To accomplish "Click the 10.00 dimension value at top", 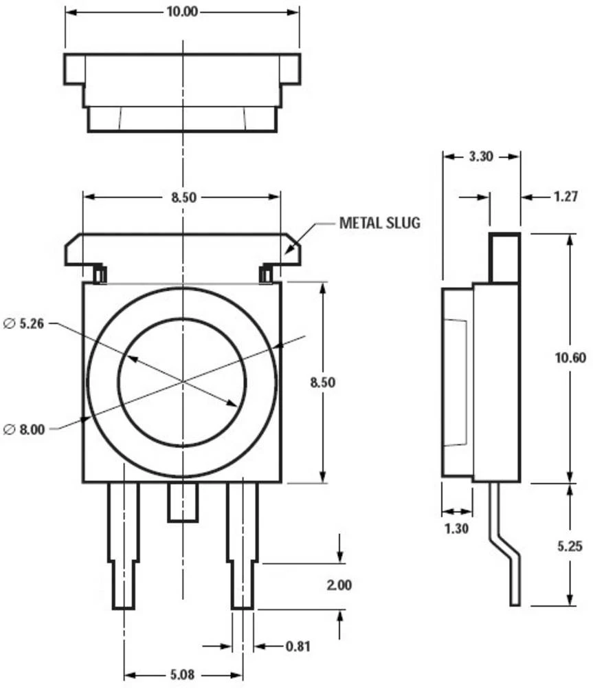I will [x=181, y=12].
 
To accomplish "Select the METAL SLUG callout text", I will [x=379, y=223].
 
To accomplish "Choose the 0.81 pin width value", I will [x=298, y=646].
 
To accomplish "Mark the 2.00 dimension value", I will [x=340, y=585].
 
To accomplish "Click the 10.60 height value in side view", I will [x=568, y=356].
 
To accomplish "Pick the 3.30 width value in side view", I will [x=480, y=157].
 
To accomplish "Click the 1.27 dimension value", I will [x=566, y=197].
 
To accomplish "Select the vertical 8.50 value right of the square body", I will [x=322, y=383].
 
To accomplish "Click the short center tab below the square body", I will [x=183, y=502].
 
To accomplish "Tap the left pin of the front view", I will [x=124, y=544].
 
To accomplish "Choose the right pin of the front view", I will [x=243, y=544].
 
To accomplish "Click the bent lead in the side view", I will [x=507, y=550].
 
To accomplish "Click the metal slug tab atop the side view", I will [x=504, y=257].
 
